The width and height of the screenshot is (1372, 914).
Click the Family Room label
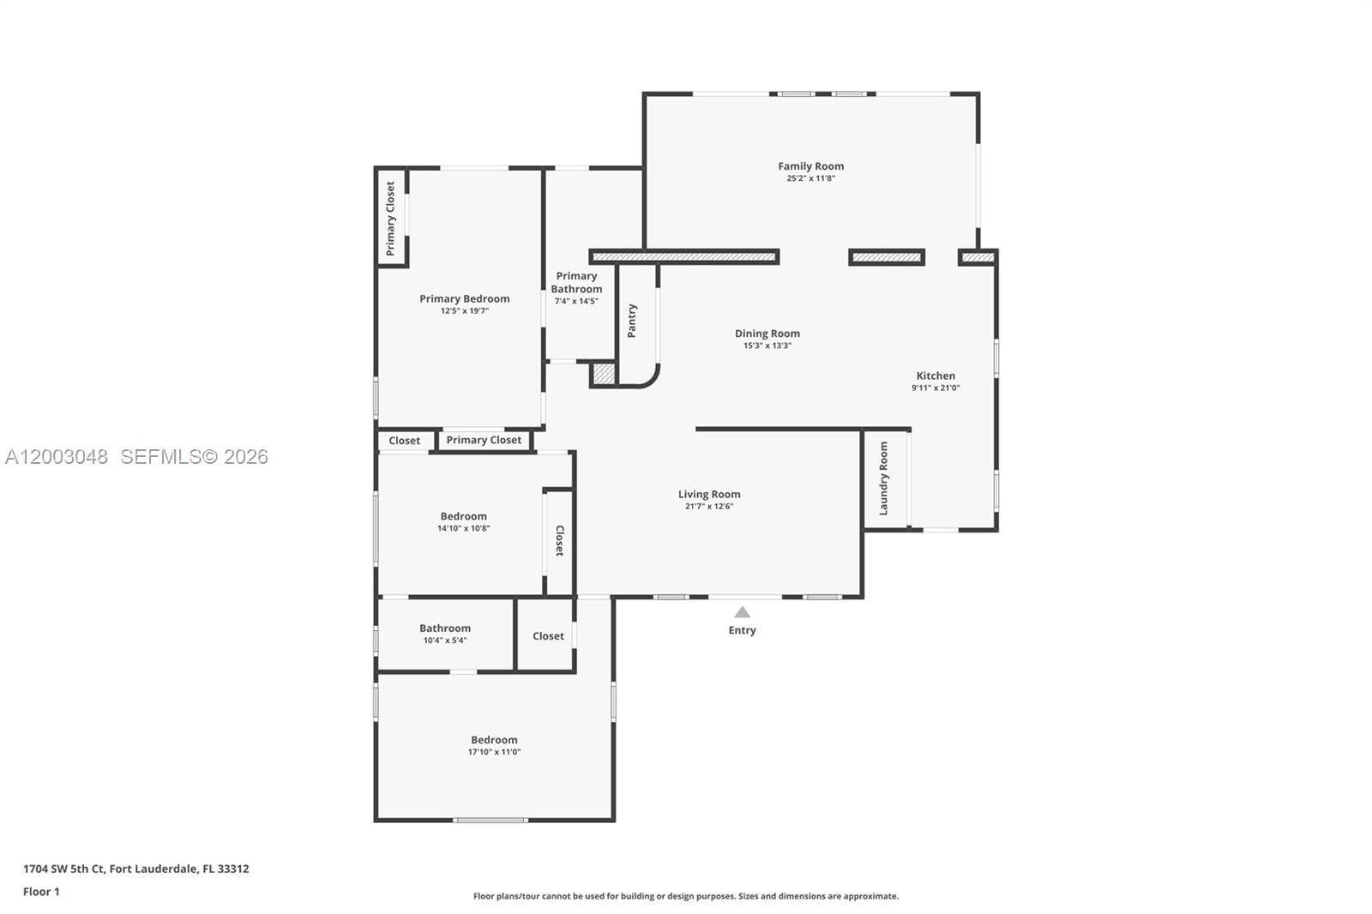click(x=810, y=166)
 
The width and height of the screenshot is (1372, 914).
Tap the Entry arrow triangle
click(x=743, y=612)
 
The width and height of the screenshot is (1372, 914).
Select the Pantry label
click(x=632, y=321)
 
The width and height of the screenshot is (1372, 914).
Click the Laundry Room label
click(x=883, y=478)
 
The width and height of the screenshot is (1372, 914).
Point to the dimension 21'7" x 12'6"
click(x=709, y=507)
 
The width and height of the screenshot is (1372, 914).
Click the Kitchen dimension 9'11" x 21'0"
click(x=936, y=388)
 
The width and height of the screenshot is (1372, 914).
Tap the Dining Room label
click(x=767, y=334)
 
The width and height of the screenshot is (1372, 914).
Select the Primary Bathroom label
click(x=576, y=282)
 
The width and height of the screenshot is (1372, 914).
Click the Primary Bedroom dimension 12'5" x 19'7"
click(x=464, y=311)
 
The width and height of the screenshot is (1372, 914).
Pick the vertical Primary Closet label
click(x=391, y=218)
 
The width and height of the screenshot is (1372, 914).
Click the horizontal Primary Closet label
click(x=484, y=440)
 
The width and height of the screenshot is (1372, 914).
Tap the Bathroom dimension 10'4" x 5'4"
click(x=445, y=640)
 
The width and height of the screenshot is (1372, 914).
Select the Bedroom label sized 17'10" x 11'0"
click(x=494, y=740)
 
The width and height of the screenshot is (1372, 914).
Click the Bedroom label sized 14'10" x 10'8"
click(x=463, y=516)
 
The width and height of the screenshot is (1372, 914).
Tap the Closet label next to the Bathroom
click(x=548, y=636)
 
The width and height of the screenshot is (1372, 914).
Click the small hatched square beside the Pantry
click(x=604, y=374)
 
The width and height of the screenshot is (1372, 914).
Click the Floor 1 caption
click(x=41, y=892)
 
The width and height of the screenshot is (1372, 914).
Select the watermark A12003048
click(x=57, y=457)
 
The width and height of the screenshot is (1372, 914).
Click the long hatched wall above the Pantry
click(x=683, y=256)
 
